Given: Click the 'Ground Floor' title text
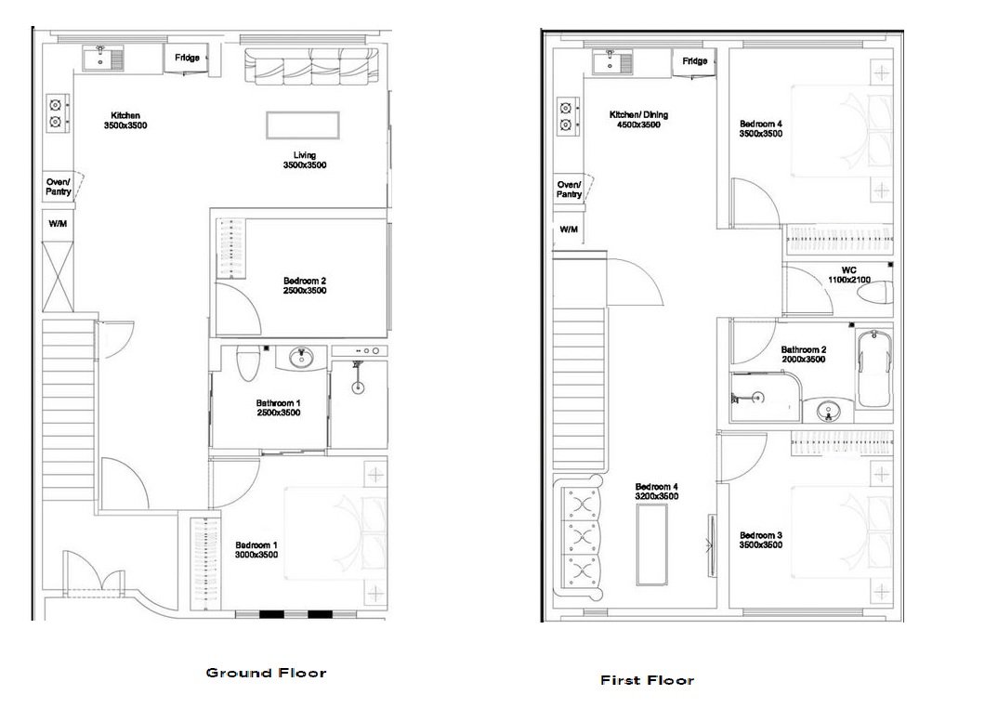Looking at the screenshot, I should click(266, 673).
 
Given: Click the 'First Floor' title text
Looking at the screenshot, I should click(647, 680).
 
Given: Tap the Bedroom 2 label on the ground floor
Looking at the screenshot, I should click(305, 285).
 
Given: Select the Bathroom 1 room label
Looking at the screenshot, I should click(278, 408).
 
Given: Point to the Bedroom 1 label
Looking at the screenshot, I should click(256, 550).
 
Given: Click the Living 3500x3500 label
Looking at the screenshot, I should click(305, 160).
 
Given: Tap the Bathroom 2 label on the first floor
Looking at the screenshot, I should click(803, 354).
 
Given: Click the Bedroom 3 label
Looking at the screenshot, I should click(760, 540).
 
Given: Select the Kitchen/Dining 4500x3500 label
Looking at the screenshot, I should click(638, 120).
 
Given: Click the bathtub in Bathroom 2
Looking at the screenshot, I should click(874, 369).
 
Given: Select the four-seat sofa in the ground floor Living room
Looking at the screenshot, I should click(311, 67).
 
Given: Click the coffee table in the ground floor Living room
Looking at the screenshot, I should click(303, 124).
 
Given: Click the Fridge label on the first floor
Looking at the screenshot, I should click(695, 61).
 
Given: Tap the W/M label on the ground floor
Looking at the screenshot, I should click(59, 224).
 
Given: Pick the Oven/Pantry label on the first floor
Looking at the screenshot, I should click(569, 190).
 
